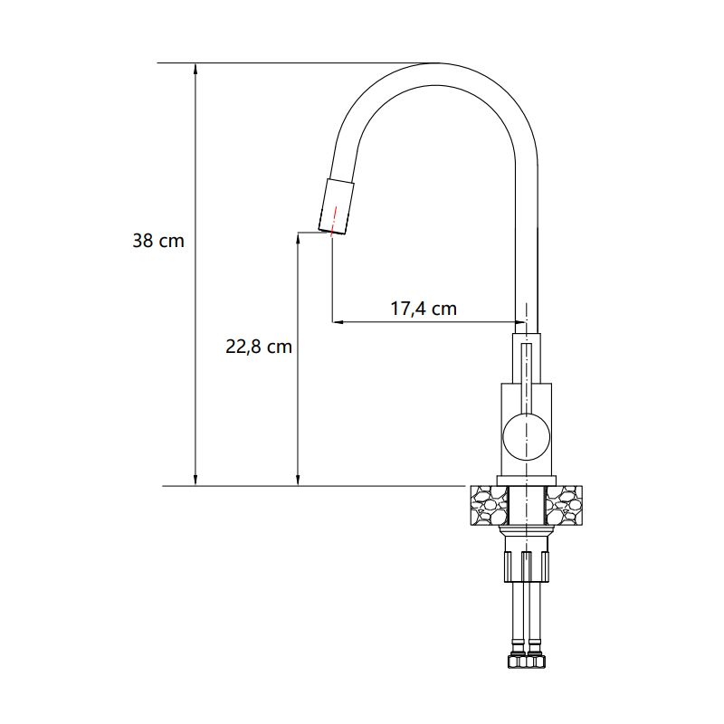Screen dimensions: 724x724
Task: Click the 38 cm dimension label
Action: (158, 241)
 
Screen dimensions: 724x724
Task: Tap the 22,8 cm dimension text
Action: (259, 347)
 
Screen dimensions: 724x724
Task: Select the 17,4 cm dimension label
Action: (424, 309)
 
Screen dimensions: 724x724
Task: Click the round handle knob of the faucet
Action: (527, 436)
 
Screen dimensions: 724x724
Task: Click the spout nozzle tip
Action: (337, 206)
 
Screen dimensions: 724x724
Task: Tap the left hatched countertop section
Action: (489, 505)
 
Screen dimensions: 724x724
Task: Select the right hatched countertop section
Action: (564, 505)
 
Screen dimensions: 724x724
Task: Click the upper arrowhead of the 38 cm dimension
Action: (195, 69)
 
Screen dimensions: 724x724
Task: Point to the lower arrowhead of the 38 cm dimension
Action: (195, 480)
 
